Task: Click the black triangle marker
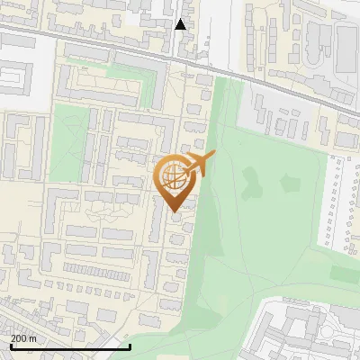(181, 24)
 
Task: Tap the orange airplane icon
(199, 165)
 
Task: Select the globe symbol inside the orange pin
(175, 177)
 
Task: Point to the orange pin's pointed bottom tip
(175, 211)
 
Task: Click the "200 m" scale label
(23, 337)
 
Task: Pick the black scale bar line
(70, 346)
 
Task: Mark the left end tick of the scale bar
(10, 346)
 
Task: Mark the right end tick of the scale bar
(130, 346)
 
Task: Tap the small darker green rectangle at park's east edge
(343, 273)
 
